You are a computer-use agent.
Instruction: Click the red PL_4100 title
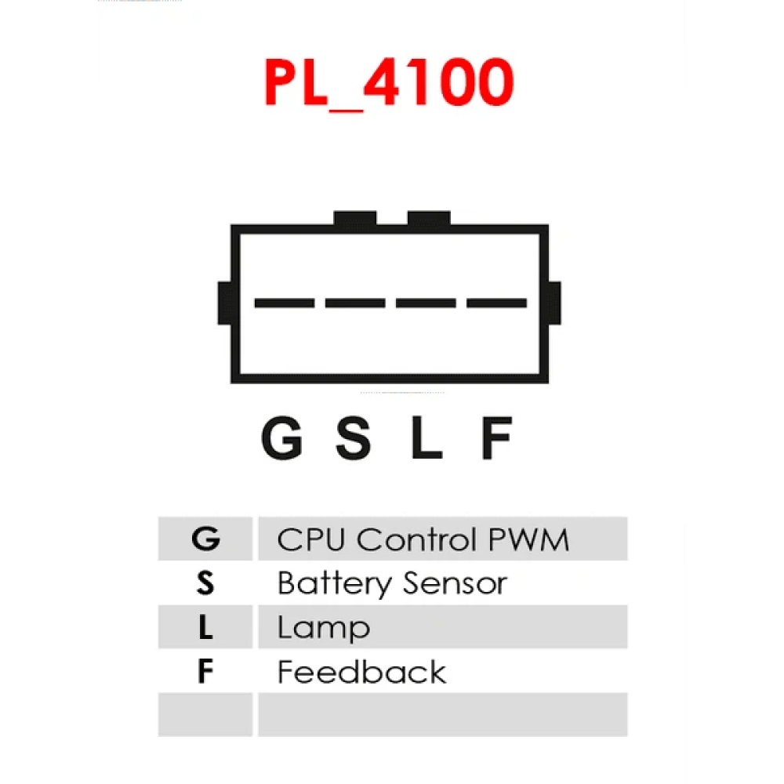[x=389, y=83]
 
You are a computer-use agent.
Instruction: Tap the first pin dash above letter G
[x=285, y=303]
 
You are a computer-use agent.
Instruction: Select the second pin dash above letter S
[x=355, y=303]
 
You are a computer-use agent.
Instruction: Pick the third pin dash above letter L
[x=426, y=303]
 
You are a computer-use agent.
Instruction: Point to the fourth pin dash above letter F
[x=496, y=303]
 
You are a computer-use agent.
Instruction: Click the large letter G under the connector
[x=282, y=437]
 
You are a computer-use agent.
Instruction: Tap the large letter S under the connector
[x=353, y=437]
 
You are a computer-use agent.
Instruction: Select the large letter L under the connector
[x=426, y=437]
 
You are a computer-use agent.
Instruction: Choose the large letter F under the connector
[x=497, y=437]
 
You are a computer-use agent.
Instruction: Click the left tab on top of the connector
[x=355, y=219]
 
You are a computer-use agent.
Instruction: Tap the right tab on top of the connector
[x=429, y=219]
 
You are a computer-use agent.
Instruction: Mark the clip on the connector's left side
[x=224, y=303]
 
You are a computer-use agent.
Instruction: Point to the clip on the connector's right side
[x=554, y=303]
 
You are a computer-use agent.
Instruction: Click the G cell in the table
[x=205, y=539]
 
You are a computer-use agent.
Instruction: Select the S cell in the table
[x=205, y=583]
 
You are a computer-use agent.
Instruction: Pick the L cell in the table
[x=205, y=626]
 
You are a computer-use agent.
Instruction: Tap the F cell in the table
[x=205, y=670]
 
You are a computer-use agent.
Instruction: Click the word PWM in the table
[x=528, y=539]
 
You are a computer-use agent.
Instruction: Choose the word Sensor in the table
[x=455, y=583]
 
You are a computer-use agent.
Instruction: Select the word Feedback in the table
[x=361, y=672]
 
